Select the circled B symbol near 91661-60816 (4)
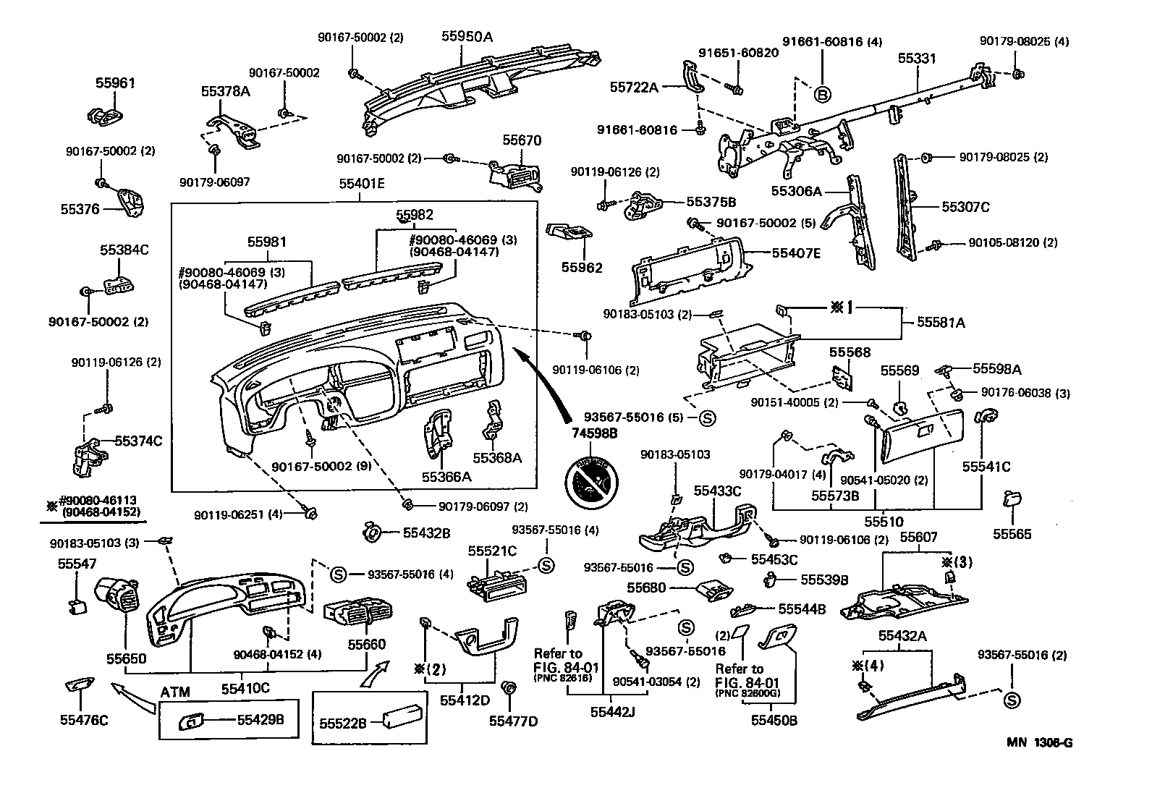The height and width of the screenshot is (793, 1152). point(822,93)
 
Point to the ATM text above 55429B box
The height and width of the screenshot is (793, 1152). point(175,692)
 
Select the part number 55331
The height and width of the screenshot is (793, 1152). point(918,58)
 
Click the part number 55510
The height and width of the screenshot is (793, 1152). point(881,521)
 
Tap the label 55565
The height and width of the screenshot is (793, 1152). point(1012,534)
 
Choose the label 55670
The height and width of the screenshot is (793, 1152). point(522,140)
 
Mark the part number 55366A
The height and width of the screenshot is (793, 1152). point(446,476)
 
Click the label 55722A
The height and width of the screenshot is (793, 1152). point(634,87)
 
